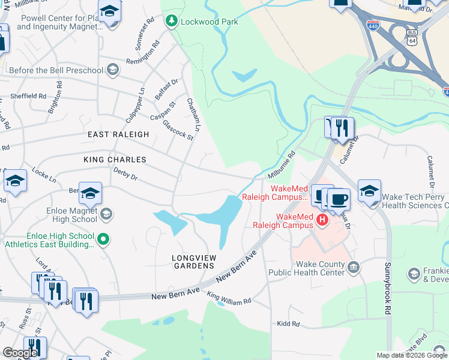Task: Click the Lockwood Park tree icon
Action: tap(172, 22)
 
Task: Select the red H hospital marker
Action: tap(322, 220)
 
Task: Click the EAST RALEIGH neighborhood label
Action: tap(118, 134)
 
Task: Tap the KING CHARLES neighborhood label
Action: tap(115, 160)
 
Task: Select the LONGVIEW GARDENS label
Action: tap(193, 261)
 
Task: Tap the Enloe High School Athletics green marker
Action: tap(103, 240)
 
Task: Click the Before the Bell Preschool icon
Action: tap(112, 71)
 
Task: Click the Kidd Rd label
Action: tap(288, 324)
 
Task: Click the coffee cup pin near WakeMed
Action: tap(339, 199)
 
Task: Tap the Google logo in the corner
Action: tap(20, 353)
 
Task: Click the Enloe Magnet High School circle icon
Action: tap(106, 214)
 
